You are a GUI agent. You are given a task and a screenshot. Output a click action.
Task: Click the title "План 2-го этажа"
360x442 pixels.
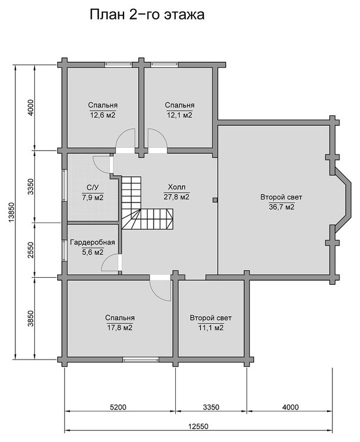tap(147, 15)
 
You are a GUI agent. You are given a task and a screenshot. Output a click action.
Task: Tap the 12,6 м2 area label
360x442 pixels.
tap(103, 115)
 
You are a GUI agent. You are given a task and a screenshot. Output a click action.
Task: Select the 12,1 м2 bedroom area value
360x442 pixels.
tap(179, 115)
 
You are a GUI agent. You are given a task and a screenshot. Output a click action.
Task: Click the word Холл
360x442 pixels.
tap(176, 187)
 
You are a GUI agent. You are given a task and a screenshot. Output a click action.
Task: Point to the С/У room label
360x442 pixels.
tap(93, 188)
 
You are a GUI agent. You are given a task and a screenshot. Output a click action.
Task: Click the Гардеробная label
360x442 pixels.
tap(92, 242)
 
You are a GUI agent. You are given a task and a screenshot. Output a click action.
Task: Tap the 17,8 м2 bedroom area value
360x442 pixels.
tap(120, 328)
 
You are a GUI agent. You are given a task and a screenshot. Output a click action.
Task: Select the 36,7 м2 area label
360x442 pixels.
tap(281, 207)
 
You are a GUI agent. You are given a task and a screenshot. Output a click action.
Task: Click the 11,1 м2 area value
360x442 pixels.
tap(211, 328)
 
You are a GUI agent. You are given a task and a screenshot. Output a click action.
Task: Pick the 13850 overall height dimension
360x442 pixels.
tap(11, 212)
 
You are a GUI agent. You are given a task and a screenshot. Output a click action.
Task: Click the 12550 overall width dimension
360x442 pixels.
tap(198, 426)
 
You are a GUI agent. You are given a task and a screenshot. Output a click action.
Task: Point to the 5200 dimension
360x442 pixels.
tap(118, 407)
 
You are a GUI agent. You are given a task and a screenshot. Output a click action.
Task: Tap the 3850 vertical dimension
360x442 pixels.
tap(31, 318)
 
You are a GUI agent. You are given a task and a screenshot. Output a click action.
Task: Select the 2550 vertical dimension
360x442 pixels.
tap(31, 250)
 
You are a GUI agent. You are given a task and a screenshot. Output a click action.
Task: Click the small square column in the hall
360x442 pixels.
tap(215, 200)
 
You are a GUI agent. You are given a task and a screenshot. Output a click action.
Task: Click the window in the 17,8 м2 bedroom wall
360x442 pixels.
tap(141, 360)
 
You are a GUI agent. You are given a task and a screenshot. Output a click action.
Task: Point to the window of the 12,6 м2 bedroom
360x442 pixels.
tap(119, 64)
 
